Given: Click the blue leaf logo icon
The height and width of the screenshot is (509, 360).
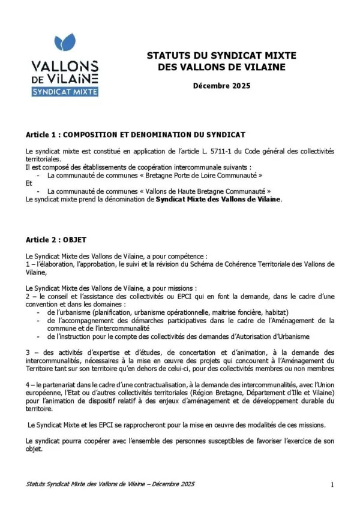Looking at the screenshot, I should [x=65, y=43].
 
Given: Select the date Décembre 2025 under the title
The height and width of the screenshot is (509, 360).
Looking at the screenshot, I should [x=221, y=86].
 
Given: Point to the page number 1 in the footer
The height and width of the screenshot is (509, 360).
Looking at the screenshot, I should [x=332, y=484].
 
